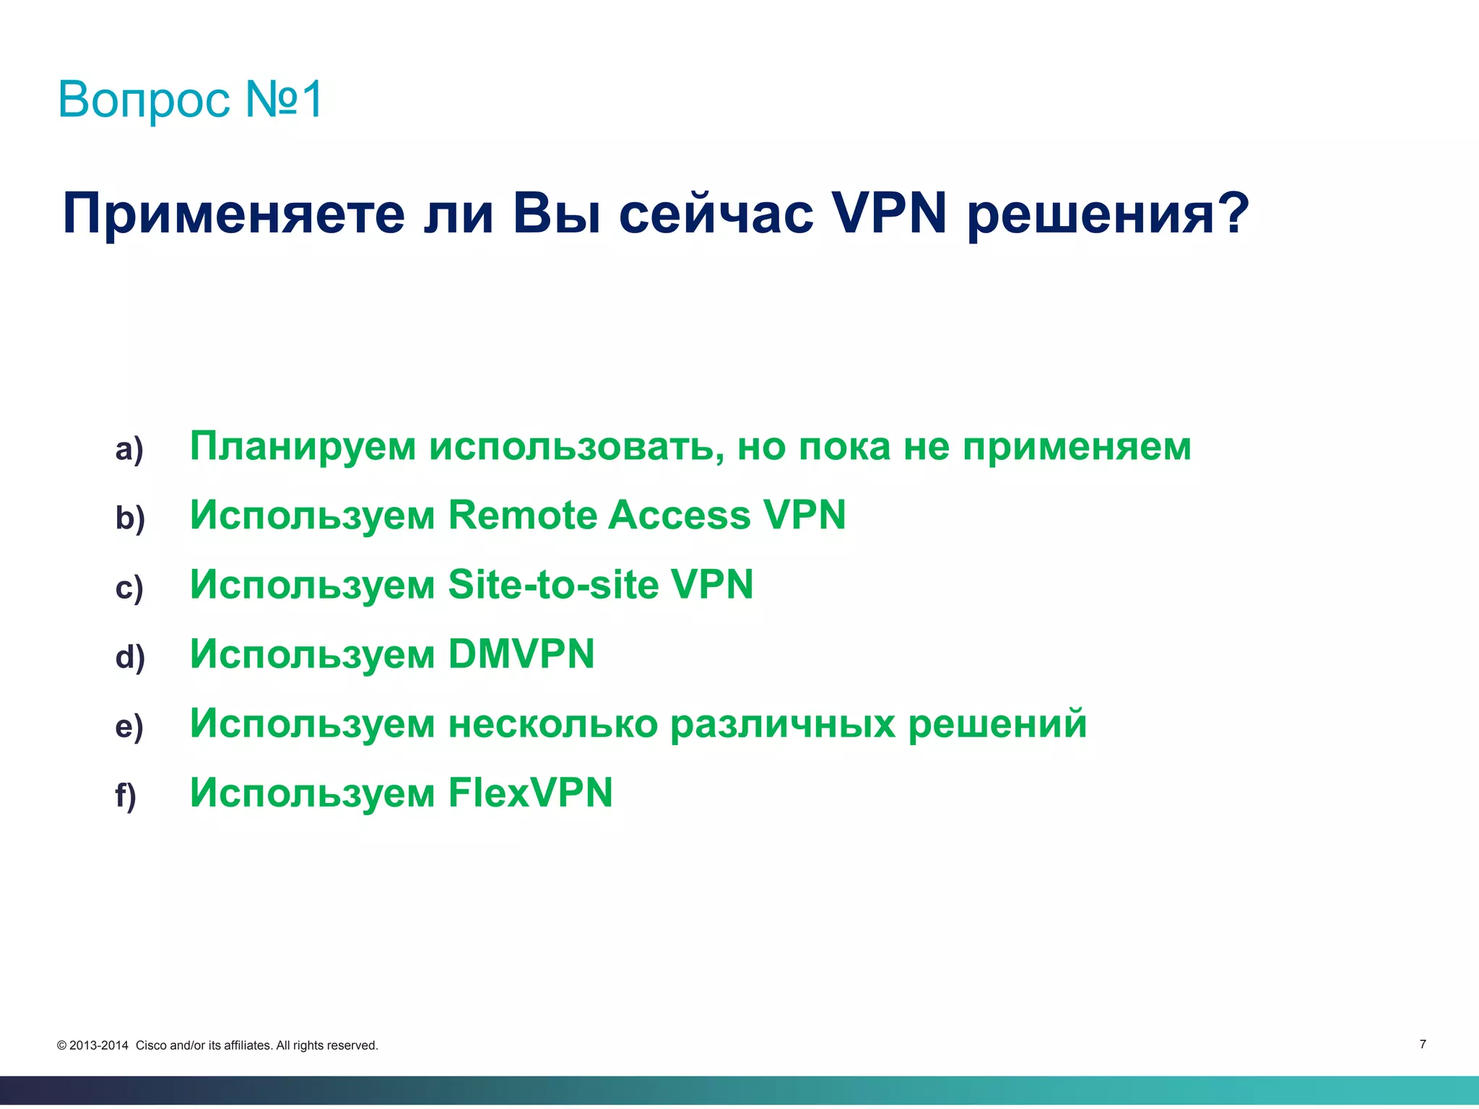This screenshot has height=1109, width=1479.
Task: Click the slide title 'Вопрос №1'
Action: click(x=191, y=99)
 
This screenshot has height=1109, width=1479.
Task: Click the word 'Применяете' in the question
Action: click(x=234, y=214)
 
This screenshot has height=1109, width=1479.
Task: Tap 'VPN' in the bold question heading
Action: click(x=889, y=214)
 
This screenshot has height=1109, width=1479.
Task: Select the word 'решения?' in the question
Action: click(x=1108, y=214)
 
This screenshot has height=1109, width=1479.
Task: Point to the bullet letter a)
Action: click(x=129, y=450)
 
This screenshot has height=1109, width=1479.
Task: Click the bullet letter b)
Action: click(x=130, y=518)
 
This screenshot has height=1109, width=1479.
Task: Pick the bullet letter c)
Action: click(x=129, y=588)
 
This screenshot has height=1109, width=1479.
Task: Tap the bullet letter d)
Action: click(x=130, y=657)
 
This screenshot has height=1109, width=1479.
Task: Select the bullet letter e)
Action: click(x=129, y=726)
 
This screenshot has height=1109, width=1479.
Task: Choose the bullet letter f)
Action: click(x=126, y=796)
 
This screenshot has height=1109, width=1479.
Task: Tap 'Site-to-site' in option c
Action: click(x=553, y=584)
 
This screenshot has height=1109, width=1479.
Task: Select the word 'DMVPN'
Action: click(x=521, y=654)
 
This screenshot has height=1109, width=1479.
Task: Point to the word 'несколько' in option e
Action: click(x=553, y=723)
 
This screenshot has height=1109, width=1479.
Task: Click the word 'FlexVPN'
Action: click(x=531, y=793)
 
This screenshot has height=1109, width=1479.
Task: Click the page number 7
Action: click(x=1423, y=1044)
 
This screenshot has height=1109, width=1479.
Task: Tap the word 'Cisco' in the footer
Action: click(x=151, y=1045)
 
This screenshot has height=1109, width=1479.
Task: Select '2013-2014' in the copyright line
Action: click(x=99, y=1045)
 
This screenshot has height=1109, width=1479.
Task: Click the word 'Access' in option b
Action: click(x=679, y=516)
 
